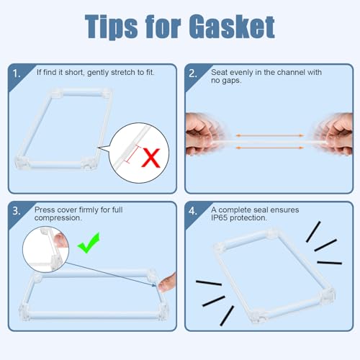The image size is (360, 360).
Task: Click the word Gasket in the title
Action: tap(232, 27)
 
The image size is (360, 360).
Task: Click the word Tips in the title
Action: tap(112, 27)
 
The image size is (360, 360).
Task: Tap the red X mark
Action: tap(150, 158)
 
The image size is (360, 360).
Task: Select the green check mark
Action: tap(89, 243)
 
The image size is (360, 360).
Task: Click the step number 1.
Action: tap(17, 73)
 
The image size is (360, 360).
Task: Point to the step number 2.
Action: tap(193, 73)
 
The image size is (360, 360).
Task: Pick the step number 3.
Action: tap(17, 211)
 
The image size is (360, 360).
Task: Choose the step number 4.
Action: tap(193, 211)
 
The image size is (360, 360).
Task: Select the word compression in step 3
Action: tap(58, 218)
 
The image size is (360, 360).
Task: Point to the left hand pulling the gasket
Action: tap(204, 134)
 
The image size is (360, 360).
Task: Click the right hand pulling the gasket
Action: tap(335, 134)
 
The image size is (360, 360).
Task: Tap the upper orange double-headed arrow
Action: tap(270, 135)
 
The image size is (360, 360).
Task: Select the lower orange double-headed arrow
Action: tap(270, 148)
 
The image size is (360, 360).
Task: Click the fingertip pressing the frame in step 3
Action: tap(167, 283)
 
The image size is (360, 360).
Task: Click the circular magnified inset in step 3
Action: tap(45, 250)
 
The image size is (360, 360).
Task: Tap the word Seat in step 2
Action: tap(219, 72)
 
